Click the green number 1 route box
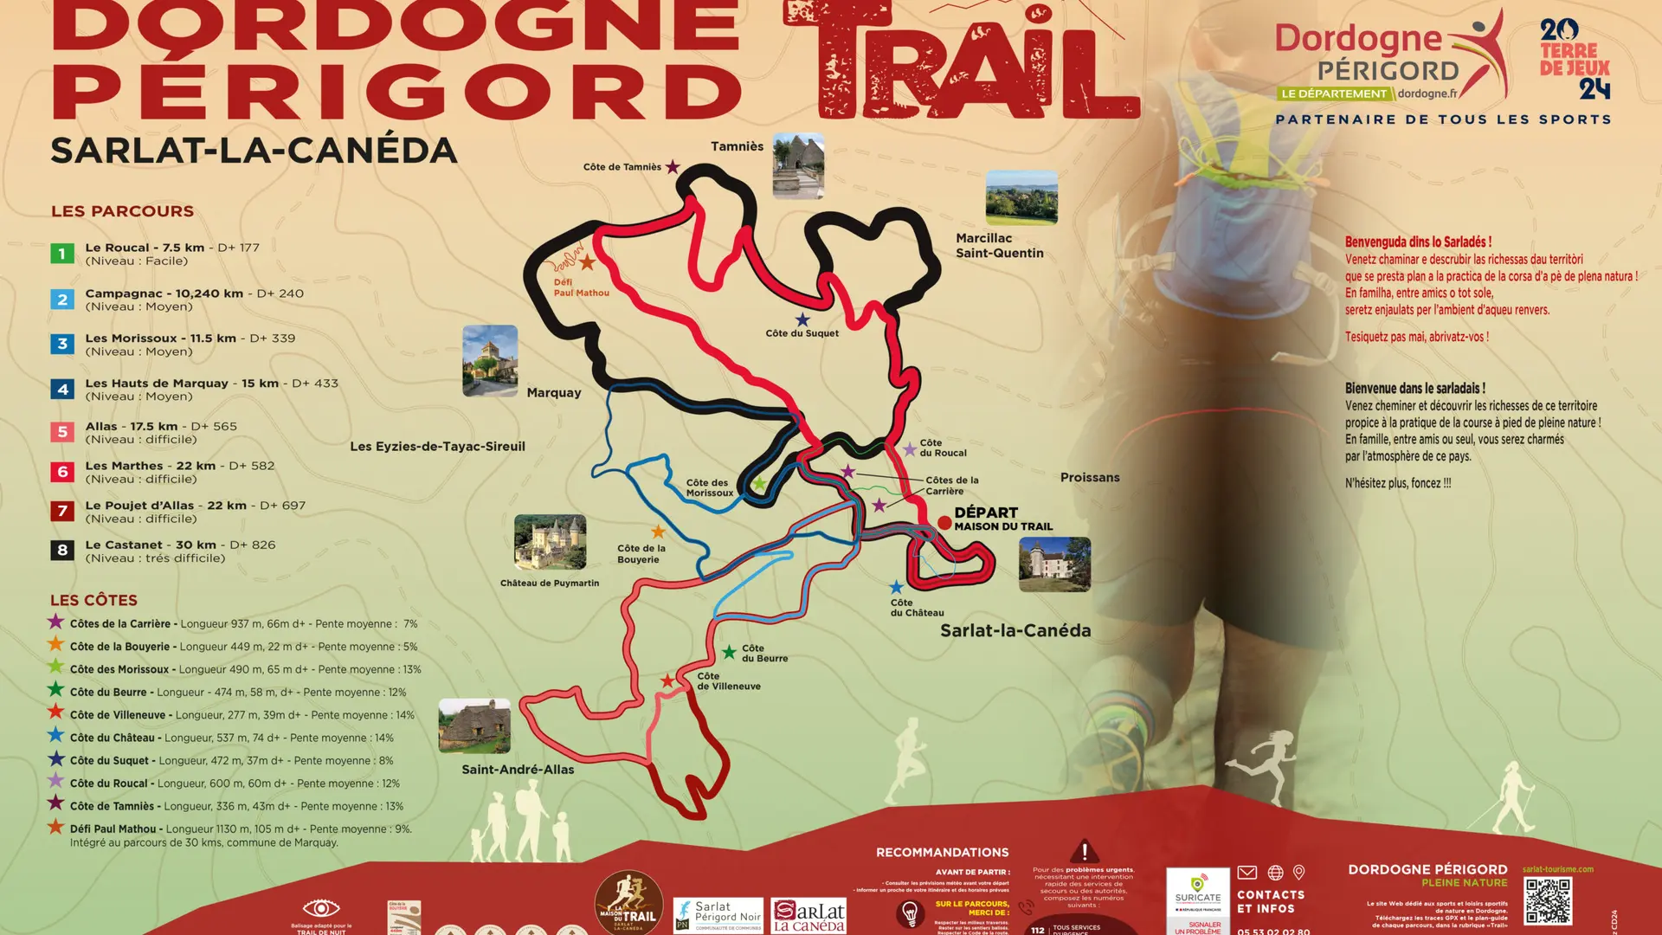[61, 254]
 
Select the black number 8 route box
[61, 550]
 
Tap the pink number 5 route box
[61, 431]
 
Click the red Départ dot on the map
[944, 522]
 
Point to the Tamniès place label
[737, 146]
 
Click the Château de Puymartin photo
[550, 542]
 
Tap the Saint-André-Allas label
[518, 769]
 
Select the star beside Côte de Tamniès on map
[673, 167]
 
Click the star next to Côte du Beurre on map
[729, 652]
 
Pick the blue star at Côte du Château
[896, 588]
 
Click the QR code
[1548, 901]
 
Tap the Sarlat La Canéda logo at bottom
[808, 915]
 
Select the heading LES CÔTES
[93, 600]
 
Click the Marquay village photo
[490, 361]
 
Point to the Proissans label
[1090, 477]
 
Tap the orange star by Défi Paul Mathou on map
[587, 261]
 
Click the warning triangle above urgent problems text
[1084, 850]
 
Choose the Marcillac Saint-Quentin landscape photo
[1021, 197]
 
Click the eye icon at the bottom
[320, 907]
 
